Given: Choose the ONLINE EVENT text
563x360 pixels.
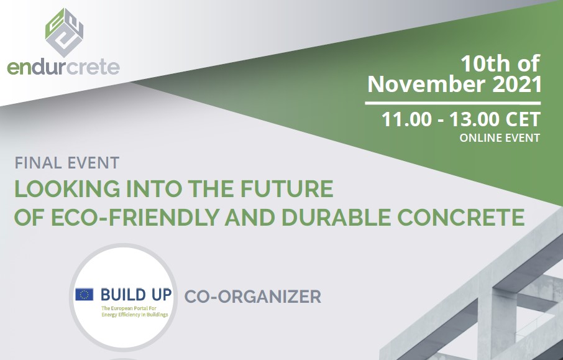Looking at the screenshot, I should coord(500,138).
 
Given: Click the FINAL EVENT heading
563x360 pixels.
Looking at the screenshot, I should coord(67,164).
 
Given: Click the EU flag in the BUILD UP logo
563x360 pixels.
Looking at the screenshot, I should coord(85,294).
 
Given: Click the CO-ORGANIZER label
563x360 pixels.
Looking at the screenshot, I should coord(253,297).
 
